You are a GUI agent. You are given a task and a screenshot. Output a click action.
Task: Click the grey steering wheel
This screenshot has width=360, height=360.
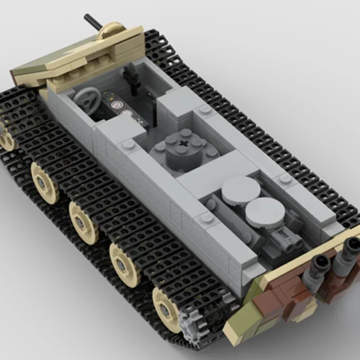[87, 97]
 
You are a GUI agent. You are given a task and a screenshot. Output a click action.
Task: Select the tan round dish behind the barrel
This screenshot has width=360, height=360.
[111, 32]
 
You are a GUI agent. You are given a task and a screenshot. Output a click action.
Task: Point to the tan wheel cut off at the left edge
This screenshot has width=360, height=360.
[6, 137]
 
